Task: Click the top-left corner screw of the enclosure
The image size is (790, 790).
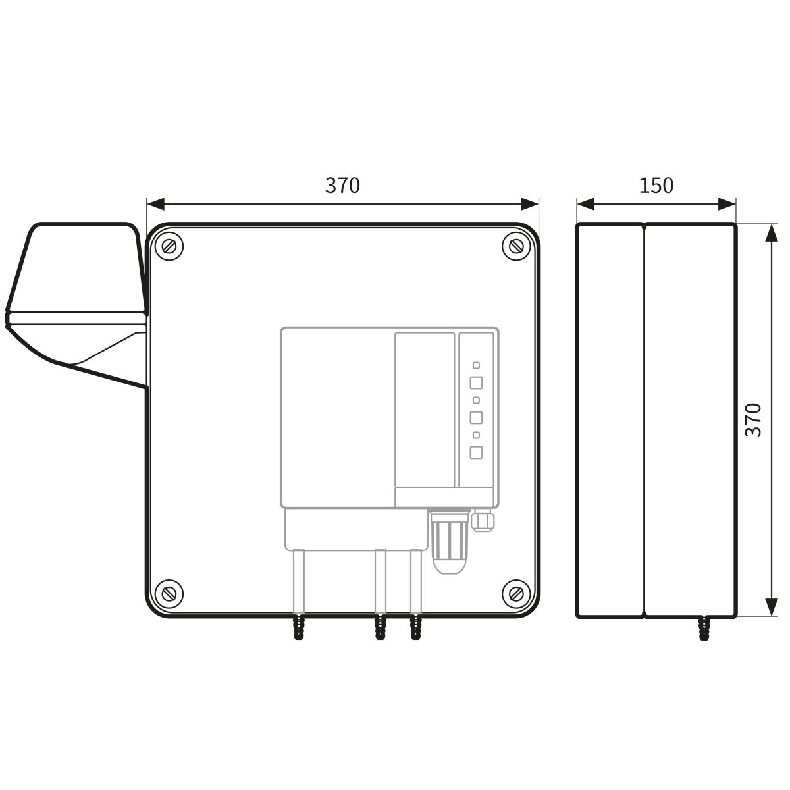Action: click(x=169, y=246)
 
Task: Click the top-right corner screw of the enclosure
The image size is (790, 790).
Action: click(x=516, y=246)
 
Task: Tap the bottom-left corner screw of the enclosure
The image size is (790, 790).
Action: click(x=169, y=593)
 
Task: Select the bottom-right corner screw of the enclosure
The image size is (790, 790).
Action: click(x=516, y=593)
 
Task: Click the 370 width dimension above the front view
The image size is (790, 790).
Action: click(x=342, y=185)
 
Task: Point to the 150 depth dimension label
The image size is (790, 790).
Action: click(x=656, y=185)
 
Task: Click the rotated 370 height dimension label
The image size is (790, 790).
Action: click(x=754, y=420)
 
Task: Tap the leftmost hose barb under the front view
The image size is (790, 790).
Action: click(x=299, y=627)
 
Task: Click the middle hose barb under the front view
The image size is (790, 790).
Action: click(x=380, y=627)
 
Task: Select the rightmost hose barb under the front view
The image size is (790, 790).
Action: click(x=415, y=627)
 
